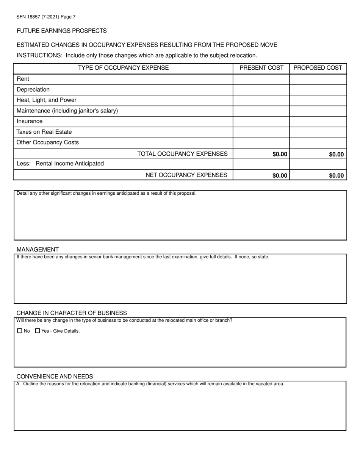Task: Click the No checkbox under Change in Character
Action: [x=20, y=331]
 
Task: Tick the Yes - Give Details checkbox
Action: [x=37, y=331]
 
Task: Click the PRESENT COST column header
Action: [x=261, y=68]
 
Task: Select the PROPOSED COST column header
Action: [x=318, y=68]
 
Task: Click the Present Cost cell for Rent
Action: [x=261, y=79]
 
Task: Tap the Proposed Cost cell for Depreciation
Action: [x=318, y=90]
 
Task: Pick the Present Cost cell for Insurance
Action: [x=261, y=122]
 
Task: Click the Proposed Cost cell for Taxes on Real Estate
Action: [x=318, y=132]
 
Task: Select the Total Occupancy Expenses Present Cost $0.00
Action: [x=280, y=154]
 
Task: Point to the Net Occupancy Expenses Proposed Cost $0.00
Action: [x=336, y=175]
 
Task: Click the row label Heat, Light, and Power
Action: [x=47, y=100]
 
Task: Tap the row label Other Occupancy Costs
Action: [x=48, y=142]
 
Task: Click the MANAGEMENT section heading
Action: [x=38, y=249]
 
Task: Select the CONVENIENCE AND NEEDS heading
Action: [x=55, y=376]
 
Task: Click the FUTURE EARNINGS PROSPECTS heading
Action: [x=62, y=31]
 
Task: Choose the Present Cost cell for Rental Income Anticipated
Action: [x=261, y=164]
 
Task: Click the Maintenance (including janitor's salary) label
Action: [x=67, y=111]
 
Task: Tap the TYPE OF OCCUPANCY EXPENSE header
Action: [x=123, y=68]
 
